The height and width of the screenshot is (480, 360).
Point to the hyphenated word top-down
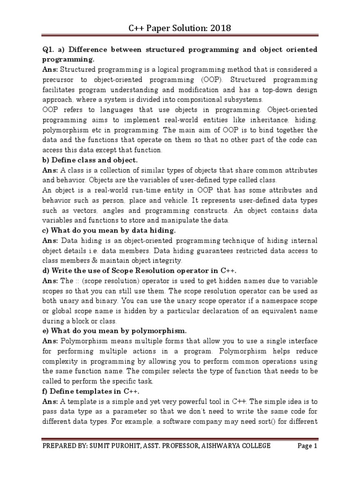[272, 90]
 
